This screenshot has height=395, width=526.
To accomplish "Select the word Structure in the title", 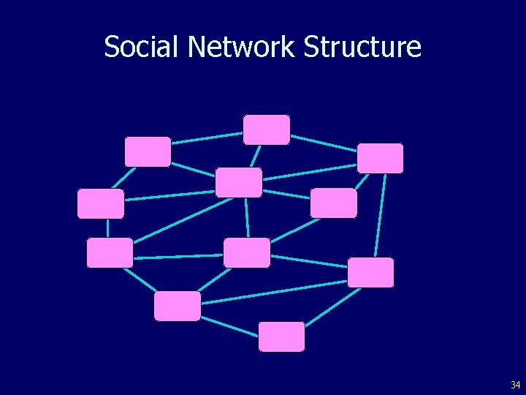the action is pos(362,47).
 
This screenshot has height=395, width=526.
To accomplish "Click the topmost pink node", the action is pos(267,129).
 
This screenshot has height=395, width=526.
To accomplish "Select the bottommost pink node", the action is pos(282,336).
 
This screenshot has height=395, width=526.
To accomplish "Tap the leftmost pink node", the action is pos(101,203).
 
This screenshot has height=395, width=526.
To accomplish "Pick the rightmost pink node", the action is pos(380,158).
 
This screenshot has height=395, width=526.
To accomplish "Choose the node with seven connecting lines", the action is pos(239,182).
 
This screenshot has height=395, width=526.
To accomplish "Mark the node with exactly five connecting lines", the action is pos(247,252).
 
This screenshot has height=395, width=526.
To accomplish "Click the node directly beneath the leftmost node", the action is pos(110,252).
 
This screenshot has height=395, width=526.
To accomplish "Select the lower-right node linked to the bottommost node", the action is pos(370,272).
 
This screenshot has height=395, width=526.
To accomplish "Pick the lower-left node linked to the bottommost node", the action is pos(177,306).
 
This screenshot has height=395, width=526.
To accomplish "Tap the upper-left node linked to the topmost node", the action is pos(148,151).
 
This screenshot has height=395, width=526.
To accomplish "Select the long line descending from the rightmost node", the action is pos(378,216).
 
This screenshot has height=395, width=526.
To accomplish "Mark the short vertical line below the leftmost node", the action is pos(107,228).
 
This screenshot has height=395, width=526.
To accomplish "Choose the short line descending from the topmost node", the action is pos(255,157).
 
